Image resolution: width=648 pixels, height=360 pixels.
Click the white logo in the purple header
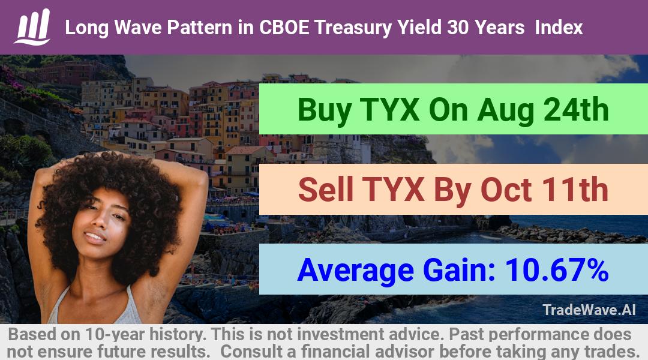pyautogui.click(x=32, y=27)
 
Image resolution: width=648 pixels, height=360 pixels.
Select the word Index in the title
pyautogui.click(x=559, y=28)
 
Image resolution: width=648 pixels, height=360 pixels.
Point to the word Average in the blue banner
pyautogui.click(x=355, y=271)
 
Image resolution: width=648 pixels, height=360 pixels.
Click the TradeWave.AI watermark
pyautogui.click(x=589, y=310)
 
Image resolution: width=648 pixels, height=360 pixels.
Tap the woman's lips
pyautogui.click(x=95, y=237)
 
